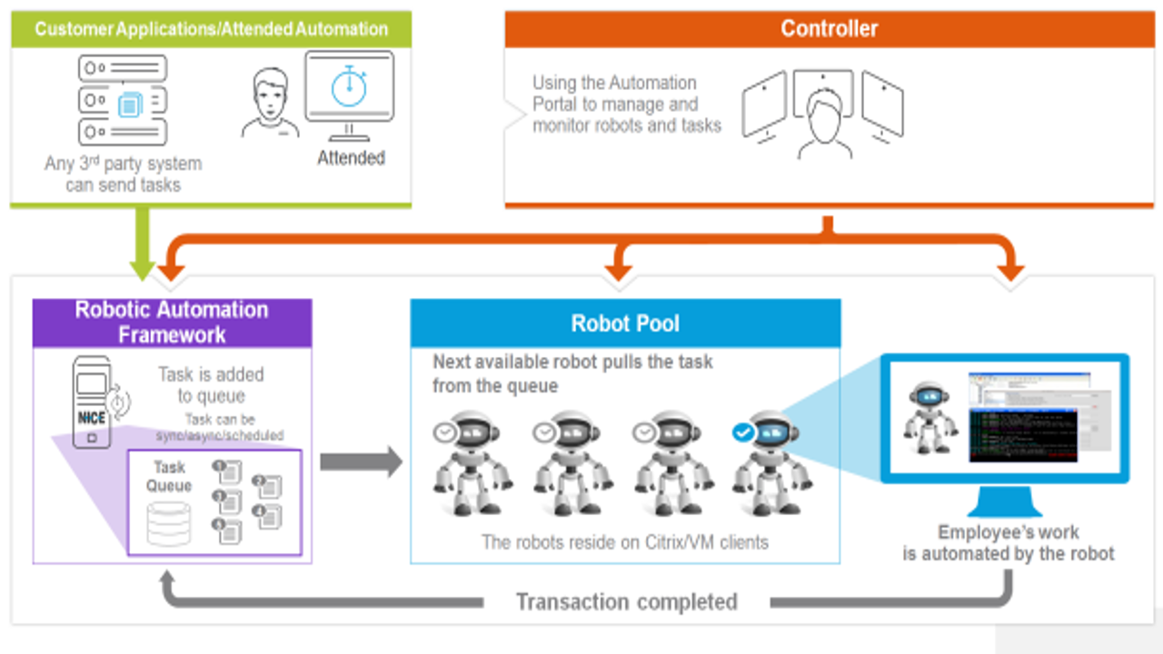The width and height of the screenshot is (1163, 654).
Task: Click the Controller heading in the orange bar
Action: click(829, 28)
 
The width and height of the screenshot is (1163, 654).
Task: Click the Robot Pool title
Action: click(625, 323)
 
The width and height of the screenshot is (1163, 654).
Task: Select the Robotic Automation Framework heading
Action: click(172, 322)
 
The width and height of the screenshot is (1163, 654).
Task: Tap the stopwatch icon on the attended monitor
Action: click(349, 85)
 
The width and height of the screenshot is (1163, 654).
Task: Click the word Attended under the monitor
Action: click(351, 158)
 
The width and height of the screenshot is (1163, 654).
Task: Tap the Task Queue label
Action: click(170, 476)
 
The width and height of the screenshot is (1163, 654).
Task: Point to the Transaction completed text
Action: click(626, 601)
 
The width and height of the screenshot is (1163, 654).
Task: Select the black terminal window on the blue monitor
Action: click(1023, 435)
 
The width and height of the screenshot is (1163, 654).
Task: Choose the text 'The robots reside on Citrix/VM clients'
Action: click(625, 542)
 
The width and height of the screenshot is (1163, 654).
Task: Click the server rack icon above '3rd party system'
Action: click(124, 100)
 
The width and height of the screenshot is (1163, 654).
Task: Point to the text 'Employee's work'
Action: click(1009, 532)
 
